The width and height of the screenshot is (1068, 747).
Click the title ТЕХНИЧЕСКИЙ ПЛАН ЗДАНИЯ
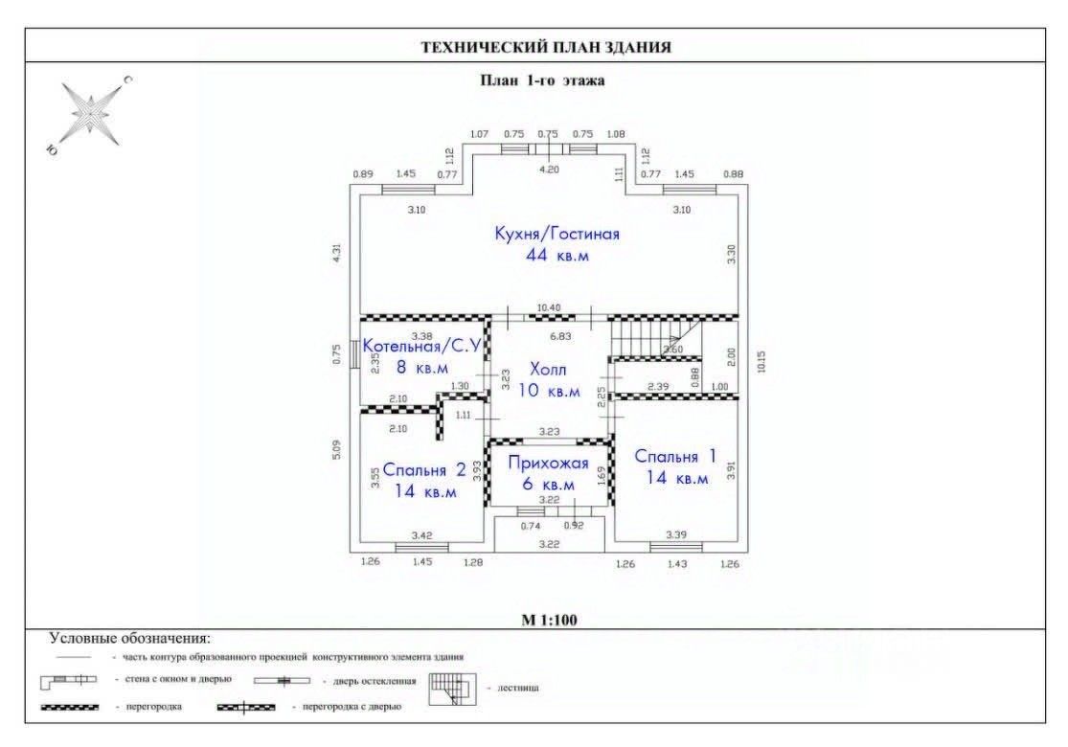(547, 47)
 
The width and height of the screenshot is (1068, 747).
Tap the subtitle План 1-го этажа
(542, 80)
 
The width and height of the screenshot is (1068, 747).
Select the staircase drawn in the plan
(656, 338)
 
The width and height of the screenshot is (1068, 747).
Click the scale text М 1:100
(549, 620)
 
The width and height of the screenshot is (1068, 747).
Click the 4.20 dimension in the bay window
(547, 169)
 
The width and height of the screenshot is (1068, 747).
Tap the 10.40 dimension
(549, 307)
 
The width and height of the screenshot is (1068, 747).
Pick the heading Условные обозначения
(129, 638)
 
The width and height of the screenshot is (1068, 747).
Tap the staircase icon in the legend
(452, 689)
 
